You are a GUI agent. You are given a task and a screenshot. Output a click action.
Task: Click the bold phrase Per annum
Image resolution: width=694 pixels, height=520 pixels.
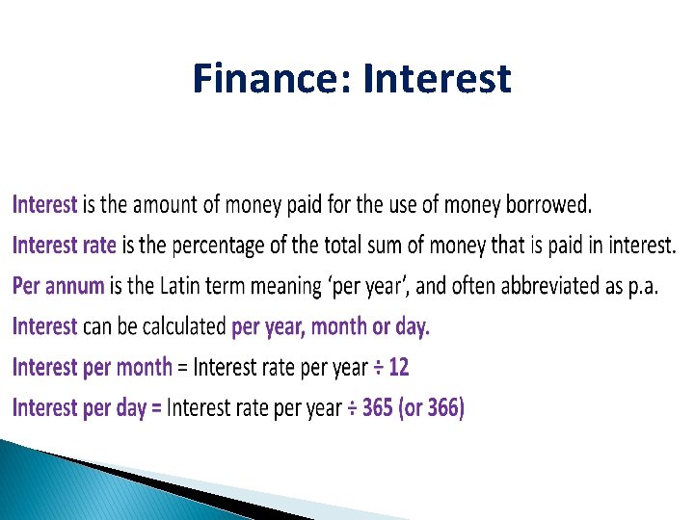58,286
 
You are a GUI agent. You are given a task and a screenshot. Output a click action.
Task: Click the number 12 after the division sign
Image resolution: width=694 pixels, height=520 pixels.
399,367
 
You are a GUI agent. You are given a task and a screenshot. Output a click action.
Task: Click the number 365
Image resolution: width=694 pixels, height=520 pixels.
379,408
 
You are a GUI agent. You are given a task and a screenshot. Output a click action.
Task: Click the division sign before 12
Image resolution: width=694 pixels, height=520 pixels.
378,368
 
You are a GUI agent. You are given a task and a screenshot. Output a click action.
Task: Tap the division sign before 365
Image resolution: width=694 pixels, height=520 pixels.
352,408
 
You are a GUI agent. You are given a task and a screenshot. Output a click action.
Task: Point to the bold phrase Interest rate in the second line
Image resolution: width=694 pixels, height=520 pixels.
64,246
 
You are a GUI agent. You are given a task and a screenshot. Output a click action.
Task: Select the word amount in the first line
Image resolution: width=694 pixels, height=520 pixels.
165,204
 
